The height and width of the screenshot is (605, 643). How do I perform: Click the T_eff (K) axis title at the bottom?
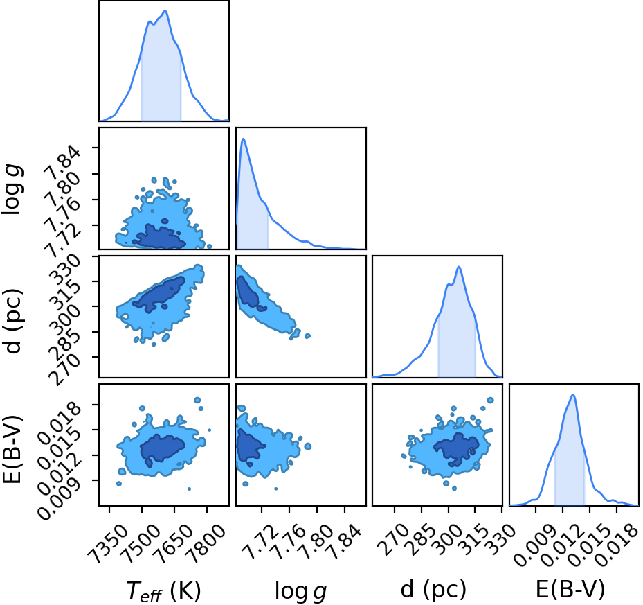pos(163,592)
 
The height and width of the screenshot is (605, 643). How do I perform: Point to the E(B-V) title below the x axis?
pos(570,590)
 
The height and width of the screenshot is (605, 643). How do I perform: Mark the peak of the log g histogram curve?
pos(243,139)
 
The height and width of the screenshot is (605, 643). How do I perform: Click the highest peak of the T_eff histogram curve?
pos(165,10)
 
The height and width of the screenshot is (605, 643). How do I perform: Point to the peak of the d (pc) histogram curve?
pos(459,267)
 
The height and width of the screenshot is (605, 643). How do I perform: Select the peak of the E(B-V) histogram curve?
pos(573,395)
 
